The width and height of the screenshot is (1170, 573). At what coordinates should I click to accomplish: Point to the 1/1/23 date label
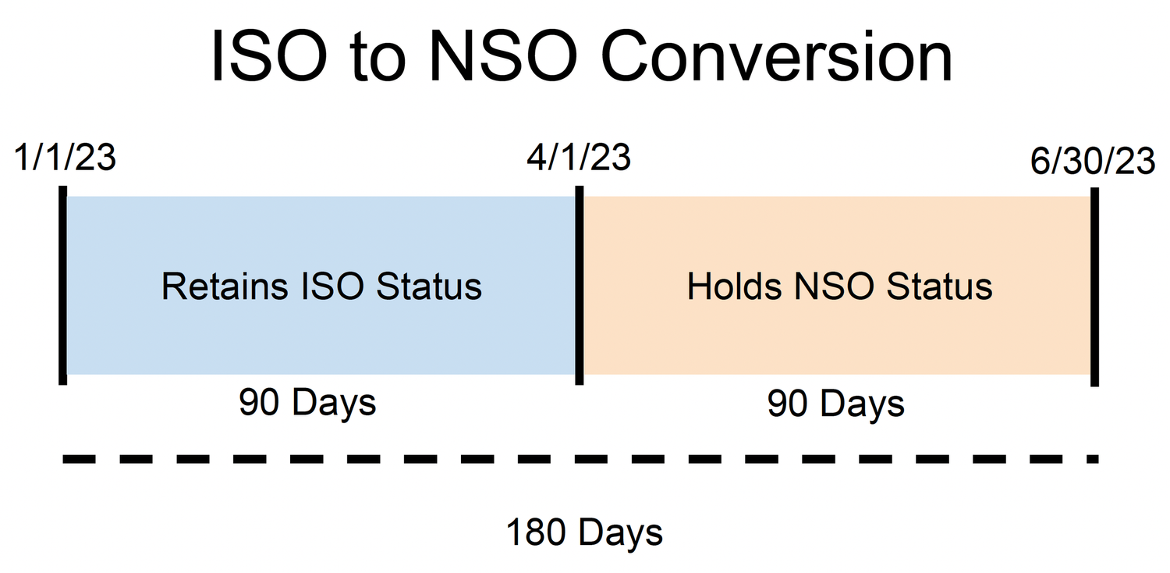(65, 158)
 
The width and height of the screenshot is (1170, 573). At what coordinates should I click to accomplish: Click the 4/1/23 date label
(578, 158)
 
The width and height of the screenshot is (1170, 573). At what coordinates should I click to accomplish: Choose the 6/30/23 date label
(1092, 162)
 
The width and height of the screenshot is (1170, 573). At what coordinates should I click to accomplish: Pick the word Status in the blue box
(429, 286)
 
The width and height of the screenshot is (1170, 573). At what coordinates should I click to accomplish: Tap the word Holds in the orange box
(734, 286)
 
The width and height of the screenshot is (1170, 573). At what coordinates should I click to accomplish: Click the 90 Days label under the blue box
(307, 404)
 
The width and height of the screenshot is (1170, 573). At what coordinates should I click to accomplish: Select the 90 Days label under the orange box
(835, 404)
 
